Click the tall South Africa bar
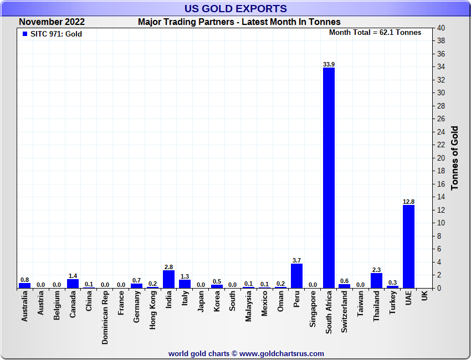point(329,177)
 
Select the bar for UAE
point(408,246)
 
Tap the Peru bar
point(296,276)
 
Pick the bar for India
point(168,279)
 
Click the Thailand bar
point(376,280)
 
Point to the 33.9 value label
point(329,64)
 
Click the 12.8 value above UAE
point(408,202)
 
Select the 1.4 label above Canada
point(73,275)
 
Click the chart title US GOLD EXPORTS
point(235,8)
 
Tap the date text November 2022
point(52,22)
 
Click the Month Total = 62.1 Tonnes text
point(375,33)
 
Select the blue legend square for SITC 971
point(24,34)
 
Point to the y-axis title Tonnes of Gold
point(455,158)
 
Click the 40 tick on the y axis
point(441,28)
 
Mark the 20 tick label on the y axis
point(441,158)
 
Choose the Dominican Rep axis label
point(105,318)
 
